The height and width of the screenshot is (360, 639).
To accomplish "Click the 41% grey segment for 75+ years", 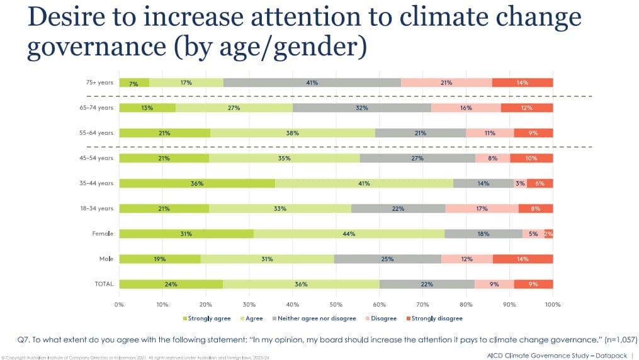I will coord(312,82).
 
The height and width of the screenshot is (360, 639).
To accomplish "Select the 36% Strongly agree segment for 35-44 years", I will coord(196,183).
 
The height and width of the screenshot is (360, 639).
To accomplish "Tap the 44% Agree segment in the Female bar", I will coord(349,233).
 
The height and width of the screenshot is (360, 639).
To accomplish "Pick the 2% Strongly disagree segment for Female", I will coord(549,233).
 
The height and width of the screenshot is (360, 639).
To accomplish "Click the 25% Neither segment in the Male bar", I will coord(387,259).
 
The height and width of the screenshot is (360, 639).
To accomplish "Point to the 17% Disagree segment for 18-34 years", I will coord(482,208).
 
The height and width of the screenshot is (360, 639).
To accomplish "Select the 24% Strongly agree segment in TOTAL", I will coord(171,284).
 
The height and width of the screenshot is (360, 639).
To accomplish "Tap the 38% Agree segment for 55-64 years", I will coord(293,133).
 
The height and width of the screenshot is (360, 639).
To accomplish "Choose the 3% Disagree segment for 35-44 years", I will coord(521,183).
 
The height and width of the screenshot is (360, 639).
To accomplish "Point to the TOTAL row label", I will coord(104,284).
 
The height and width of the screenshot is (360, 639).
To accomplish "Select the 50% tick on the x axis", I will coord(336,305).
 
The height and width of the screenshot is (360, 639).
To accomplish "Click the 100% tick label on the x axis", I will coord(552,305).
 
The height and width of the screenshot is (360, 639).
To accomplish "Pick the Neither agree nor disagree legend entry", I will coord(315,318).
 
